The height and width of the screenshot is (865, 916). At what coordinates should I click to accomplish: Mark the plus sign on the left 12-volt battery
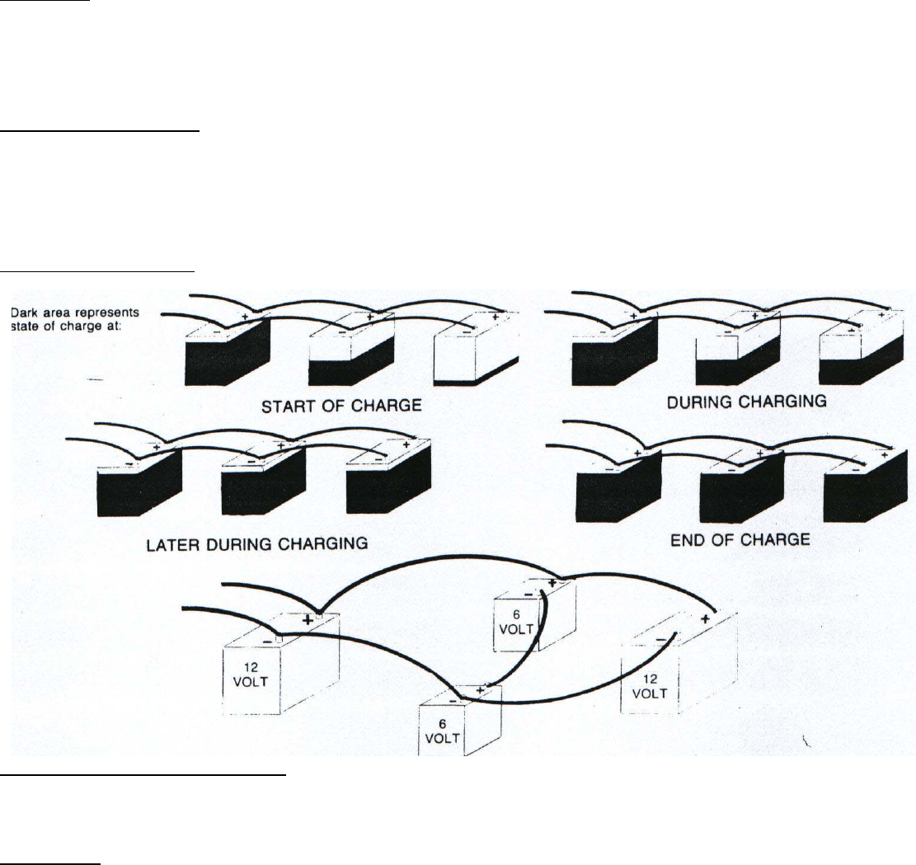tap(308, 618)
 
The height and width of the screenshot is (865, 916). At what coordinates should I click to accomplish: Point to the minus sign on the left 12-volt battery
tap(266, 640)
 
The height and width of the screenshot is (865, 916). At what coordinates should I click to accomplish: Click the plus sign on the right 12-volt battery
tap(706, 618)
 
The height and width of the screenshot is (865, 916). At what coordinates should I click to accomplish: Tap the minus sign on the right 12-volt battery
tap(662, 639)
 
